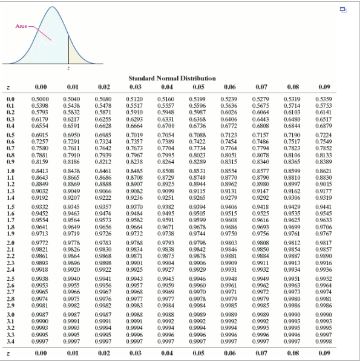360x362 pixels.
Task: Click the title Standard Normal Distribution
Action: (x=172, y=78)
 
